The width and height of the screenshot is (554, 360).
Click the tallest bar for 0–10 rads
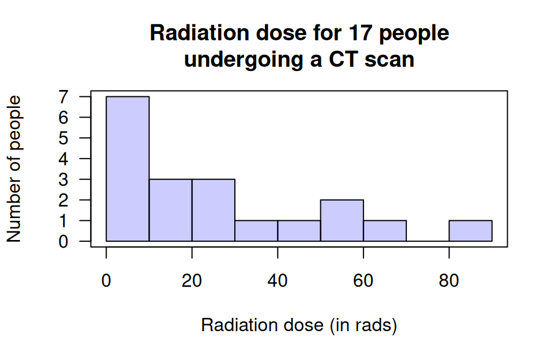(x=128, y=168)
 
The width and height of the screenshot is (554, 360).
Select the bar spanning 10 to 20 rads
(x=170, y=210)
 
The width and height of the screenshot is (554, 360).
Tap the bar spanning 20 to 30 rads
(x=213, y=210)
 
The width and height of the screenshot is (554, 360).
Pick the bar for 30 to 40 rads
(x=256, y=231)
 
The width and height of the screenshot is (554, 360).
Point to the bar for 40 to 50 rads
(x=299, y=231)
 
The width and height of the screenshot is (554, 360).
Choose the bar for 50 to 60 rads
(x=342, y=220)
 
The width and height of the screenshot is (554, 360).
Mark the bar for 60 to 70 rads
(x=385, y=231)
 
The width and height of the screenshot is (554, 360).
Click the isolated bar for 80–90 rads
(x=470, y=231)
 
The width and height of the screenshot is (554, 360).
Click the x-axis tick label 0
(x=106, y=281)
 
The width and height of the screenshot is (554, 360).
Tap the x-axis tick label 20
(x=192, y=281)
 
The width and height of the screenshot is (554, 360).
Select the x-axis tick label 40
(x=278, y=281)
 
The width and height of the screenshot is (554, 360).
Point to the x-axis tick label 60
(x=364, y=281)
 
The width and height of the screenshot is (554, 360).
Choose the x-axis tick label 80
(x=449, y=281)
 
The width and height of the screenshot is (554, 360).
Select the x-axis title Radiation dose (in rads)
(x=299, y=325)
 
